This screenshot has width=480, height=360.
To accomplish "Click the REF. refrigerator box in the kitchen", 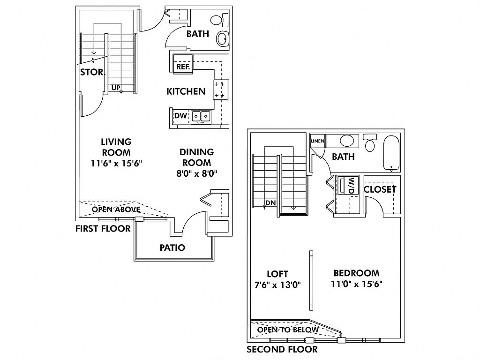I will coord(182,67).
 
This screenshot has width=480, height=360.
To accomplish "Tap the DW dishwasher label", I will coord(181,116).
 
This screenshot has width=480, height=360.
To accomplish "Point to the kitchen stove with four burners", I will coord(219,89).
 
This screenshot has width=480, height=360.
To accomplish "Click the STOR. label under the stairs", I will coord(93,72).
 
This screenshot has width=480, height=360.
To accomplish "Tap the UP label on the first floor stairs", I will coord(116,88).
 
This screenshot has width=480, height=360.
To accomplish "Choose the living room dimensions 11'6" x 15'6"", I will coord(116,164).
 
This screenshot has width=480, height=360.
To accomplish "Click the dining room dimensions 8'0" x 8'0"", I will coord(197,173).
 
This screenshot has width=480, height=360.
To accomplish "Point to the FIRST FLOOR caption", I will coord(103,229).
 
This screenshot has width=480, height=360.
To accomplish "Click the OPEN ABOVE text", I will coord(115,209).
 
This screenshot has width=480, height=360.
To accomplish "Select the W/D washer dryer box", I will coord(350,185).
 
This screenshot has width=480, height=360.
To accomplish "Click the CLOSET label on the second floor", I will coord(380,189).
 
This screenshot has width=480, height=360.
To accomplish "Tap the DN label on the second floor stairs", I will coord(270,203).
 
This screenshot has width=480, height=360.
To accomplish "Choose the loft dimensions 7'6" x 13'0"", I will coord(277,284).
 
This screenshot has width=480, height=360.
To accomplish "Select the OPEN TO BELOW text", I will coord(288,330).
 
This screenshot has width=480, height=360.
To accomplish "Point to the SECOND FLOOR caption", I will coord(282,349).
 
